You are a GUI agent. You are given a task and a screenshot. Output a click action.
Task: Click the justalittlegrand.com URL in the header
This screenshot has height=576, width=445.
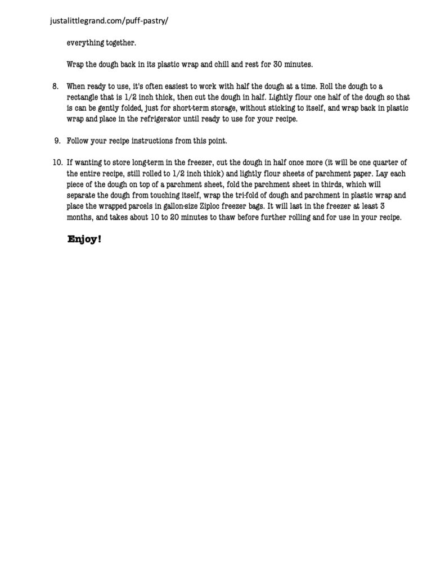point(109,21)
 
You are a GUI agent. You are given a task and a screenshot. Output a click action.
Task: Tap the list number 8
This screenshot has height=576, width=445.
point(55,86)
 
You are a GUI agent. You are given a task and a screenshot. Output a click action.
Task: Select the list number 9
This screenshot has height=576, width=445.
point(57,140)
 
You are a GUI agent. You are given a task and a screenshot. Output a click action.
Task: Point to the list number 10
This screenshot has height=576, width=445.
point(57,163)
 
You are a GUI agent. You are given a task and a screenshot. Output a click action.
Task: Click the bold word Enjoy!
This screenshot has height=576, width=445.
point(84,239)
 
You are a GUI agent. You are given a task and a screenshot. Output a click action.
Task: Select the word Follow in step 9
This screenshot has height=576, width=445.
point(78,140)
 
